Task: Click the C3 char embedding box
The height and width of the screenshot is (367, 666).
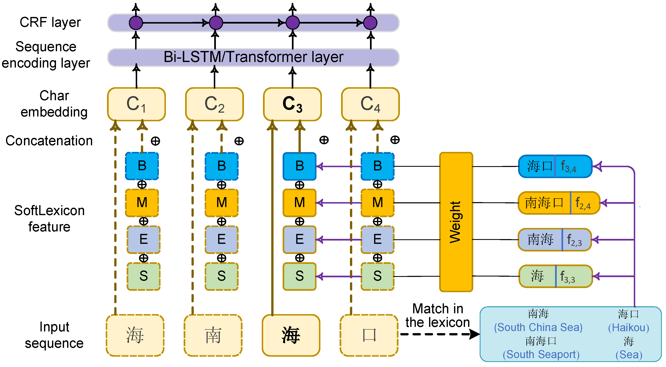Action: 292,104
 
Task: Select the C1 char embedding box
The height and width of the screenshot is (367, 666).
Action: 136,104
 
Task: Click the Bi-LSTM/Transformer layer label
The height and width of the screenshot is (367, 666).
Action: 253,57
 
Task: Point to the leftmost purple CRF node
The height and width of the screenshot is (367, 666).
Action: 136,23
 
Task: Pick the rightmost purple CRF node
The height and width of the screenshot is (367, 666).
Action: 370,23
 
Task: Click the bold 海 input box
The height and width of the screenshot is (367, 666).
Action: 291,335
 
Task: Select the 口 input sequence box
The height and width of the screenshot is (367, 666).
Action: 369,335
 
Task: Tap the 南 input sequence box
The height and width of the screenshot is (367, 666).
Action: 213,335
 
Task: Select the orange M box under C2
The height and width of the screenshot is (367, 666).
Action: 222,203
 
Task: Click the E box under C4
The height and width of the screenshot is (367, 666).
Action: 377,240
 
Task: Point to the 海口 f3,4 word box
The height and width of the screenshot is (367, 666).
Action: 555,166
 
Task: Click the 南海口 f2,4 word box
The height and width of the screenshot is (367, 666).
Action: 558,203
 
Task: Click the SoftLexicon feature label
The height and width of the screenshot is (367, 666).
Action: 49,219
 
